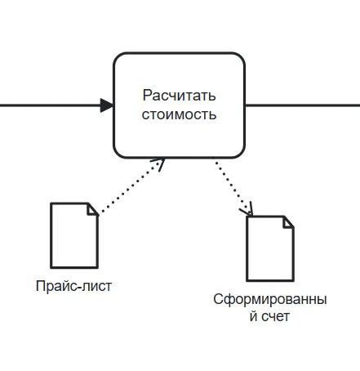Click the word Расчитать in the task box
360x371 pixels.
click(x=179, y=96)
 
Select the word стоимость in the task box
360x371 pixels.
click(x=179, y=114)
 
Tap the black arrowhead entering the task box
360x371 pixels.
click(x=107, y=105)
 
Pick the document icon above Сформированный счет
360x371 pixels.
click(x=270, y=248)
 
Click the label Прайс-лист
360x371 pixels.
click(x=73, y=286)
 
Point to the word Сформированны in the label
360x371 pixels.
click(x=269, y=300)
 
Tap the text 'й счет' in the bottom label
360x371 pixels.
click(x=269, y=317)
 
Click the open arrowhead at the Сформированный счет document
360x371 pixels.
click(x=246, y=212)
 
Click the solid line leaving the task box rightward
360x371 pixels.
click(x=302, y=105)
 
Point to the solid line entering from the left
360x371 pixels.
click(x=49, y=105)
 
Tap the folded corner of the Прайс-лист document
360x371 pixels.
click(x=92, y=208)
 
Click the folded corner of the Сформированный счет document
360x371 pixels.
click(x=288, y=221)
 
